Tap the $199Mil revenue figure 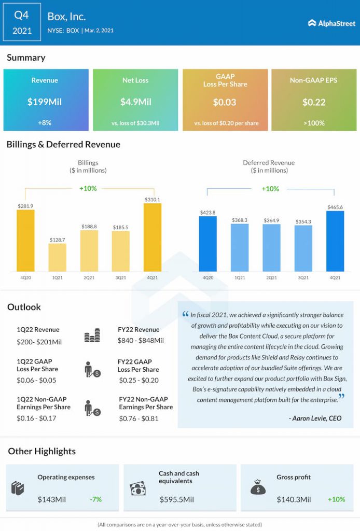coord(45,102)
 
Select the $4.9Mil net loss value coord(135,102)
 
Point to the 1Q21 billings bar coord(58,258)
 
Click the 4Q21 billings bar coord(153,237)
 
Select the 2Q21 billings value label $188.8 coord(89,227)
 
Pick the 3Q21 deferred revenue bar coord(303,248)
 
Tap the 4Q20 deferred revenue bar coord(208,244)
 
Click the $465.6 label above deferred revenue coord(335,207)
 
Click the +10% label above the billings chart coord(88,188)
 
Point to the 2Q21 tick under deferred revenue coord(271,278)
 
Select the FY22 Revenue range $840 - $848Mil coord(141,341)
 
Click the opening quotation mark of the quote coord(186,314)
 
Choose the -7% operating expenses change coord(95,499)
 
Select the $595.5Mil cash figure coord(177,500)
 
